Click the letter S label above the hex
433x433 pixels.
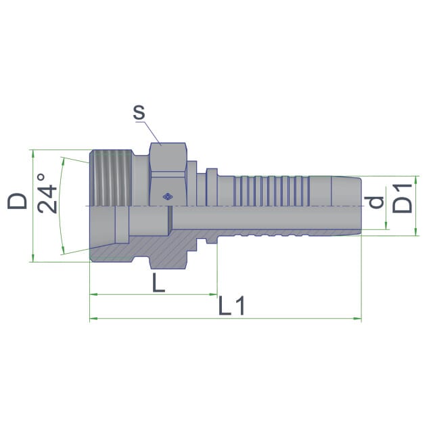[139, 112]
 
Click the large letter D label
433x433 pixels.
[17, 201]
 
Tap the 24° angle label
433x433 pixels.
[47, 193]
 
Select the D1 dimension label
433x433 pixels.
[402, 198]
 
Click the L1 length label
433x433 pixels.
[231, 306]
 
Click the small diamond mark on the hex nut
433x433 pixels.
[167, 197]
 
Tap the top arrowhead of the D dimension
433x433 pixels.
[33, 154]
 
